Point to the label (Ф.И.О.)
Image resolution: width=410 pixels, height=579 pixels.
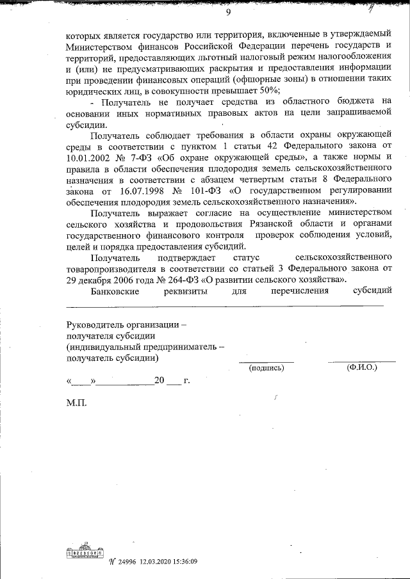click(x=361, y=367)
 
